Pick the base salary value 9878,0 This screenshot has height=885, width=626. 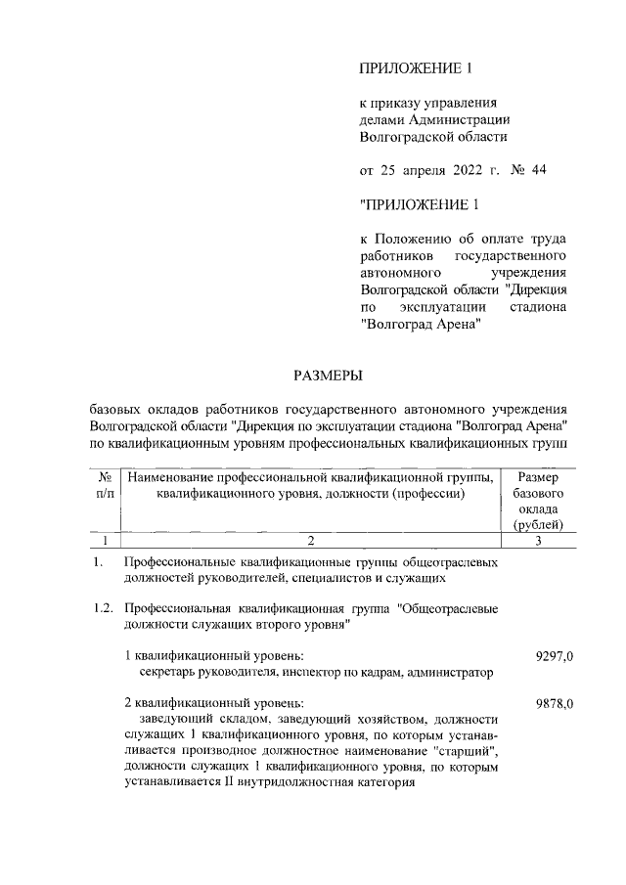(555, 703)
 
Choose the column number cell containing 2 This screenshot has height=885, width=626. (310, 540)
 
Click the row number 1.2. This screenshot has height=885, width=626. (103, 608)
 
